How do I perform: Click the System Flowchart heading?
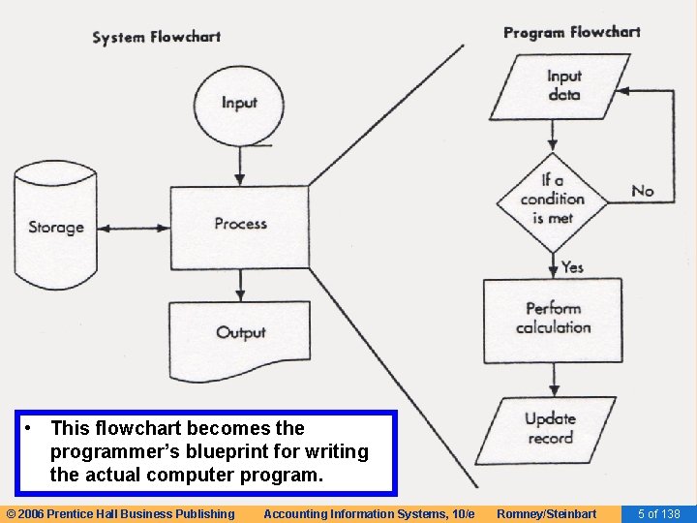click(156, 38)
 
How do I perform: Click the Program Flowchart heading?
click(571, 32)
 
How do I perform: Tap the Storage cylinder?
click(56, 229)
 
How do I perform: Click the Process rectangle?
click(240, 224)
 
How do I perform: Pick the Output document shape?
click(240, 332)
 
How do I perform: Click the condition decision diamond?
click(553, 199)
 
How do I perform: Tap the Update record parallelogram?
click(551, 428)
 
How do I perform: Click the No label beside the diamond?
click(643, 191)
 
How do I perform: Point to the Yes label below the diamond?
click(572, 266)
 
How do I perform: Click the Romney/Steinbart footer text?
click(546, 513)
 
